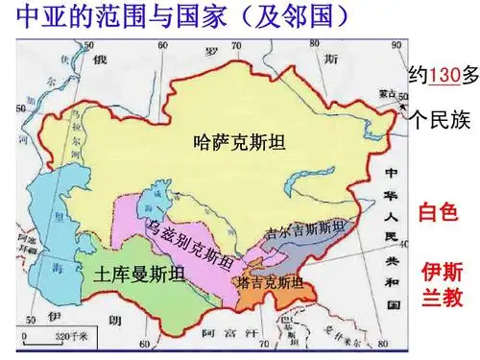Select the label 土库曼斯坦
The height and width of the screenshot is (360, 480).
137,275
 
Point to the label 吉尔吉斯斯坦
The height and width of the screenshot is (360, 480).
306,230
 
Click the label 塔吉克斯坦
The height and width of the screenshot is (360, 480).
270,282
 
